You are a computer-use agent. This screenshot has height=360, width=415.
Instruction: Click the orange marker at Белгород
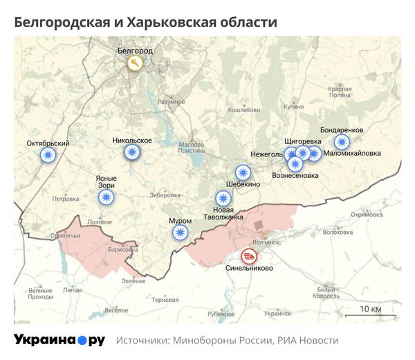pyautogui.click(x=136, y=63)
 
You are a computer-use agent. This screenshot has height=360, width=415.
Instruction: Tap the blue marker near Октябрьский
pyautogui.click(x=48, y=156)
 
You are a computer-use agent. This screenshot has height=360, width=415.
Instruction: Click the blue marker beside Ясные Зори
pyautogui.click(x=106, y=198)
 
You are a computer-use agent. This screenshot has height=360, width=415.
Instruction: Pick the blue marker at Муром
pyautogui.click(x=181, y=232)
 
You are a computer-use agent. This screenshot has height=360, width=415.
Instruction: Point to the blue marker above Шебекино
pyautogui.click(x=243, y=172)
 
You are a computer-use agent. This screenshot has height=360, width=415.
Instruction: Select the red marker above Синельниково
pyautogui.click(x=248, y=255)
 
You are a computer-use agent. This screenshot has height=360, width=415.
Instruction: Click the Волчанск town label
pyautogui.click(x=266, y=242)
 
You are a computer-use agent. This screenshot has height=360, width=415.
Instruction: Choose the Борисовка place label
pyautogui.click(x=124, y=249)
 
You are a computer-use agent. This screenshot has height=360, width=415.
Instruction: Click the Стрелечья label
pyautogui.click(x=66, y=236)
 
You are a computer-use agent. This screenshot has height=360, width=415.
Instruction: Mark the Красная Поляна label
pyautogui.click(x=340, y=92)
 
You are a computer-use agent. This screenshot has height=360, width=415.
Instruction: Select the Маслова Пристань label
pyautogui.click(x=191, y=147)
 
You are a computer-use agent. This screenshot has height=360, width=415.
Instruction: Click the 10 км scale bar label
pyautogui.click(x=370, y=308)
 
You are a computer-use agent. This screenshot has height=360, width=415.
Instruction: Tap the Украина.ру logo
pyautogui.click(x=59, y=340)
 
